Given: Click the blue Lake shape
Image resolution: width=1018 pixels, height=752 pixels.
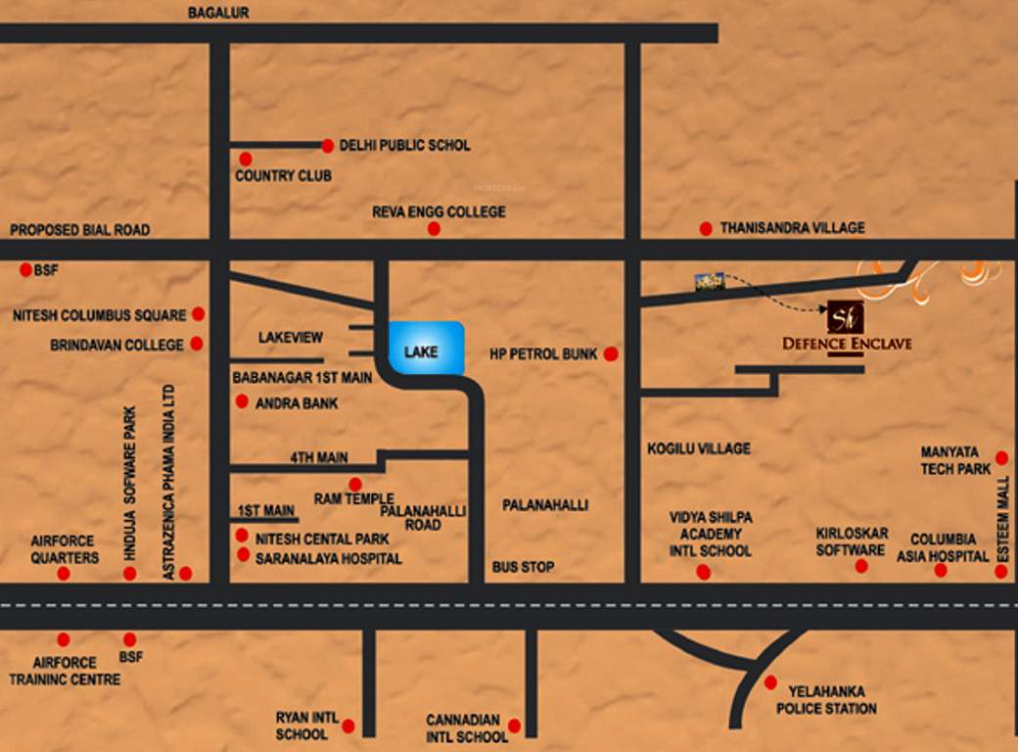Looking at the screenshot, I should (x=427, y=348).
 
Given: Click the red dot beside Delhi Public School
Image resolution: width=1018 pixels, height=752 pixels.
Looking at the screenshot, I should (x=328, y=146).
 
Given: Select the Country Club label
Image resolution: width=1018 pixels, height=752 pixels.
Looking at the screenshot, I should (x=283, y=176).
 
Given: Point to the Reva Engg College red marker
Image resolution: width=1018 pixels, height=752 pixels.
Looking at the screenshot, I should (x=434, y=229).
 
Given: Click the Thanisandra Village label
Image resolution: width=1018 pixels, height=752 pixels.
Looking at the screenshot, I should (x=792, y=228).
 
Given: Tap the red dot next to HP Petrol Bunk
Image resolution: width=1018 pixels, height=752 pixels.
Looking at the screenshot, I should (x=611, y=353).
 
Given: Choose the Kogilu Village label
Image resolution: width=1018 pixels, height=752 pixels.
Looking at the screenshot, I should (x=699, y=448).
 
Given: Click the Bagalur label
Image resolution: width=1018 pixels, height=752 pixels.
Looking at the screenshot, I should (x=219, y=13).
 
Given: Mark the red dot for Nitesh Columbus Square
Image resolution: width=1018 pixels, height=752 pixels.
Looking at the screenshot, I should (x=198, y=314).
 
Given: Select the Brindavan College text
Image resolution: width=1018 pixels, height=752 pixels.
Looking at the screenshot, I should (x=116, y=345).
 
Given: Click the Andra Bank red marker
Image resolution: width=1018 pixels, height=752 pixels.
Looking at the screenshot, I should (x=241, y=401).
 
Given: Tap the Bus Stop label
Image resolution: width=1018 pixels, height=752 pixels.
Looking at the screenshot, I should (x=523, y=567).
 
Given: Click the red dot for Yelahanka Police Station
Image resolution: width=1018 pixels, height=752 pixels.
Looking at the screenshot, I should (x=770, y=682).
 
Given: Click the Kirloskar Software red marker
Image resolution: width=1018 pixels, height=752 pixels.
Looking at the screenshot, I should (x=861, y=566).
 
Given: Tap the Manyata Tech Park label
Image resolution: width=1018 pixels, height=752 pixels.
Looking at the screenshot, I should (x=955, y=461).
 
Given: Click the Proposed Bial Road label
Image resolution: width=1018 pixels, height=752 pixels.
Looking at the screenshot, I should (x=80, y=230).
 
